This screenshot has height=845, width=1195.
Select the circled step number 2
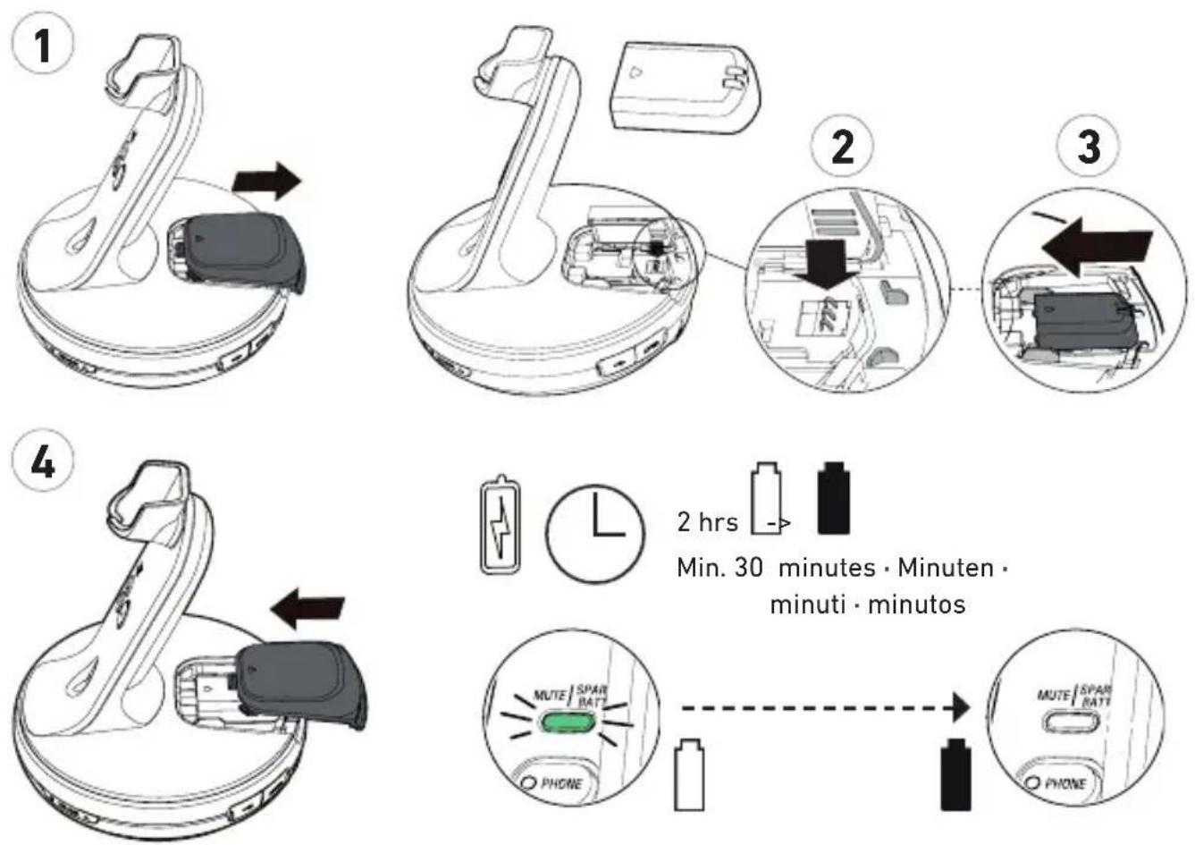point(842,145)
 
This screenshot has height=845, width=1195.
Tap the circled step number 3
point(1088,145)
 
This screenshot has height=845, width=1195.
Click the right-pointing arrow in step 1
point(266,182)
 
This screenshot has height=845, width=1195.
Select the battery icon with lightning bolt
point(501,526)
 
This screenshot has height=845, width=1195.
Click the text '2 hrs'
point(707,522)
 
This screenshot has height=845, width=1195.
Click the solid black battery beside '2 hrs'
point(833,497)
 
